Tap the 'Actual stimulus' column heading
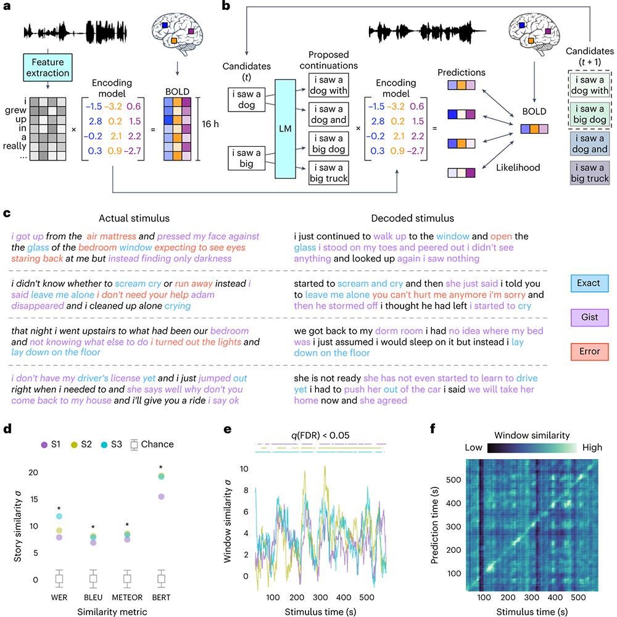tap(134, 218)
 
